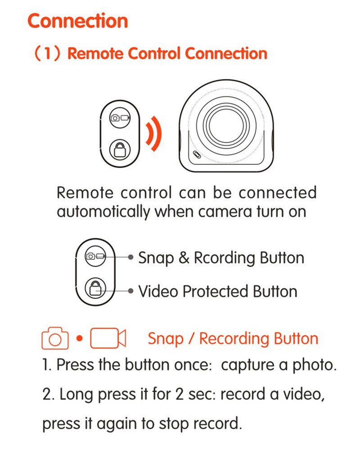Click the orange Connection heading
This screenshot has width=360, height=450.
[x=78, y=21]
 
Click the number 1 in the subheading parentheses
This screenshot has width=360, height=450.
[x=47, y=54]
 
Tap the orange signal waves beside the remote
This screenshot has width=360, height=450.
[x=154, y=133]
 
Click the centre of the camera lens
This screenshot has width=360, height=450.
[x=226, y=125]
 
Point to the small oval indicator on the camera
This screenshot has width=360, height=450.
[x=197, y=154]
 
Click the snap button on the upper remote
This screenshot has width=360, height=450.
[x=120, y=118]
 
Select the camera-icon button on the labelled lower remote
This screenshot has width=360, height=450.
[x=95, y=256]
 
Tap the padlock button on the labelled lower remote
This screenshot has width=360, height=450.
[x=95, y=288]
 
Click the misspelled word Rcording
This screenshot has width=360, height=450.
[x=225, y=258]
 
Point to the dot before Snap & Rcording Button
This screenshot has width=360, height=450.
[x=130, y=257]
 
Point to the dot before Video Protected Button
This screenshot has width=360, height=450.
[x=130, y=291]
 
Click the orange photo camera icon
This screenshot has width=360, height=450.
[x=55, y=338]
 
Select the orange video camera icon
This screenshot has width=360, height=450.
[x=108, y=338]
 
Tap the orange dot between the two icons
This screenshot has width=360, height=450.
[x=80, y=338]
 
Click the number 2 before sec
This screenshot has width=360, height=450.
[x=180, y=394]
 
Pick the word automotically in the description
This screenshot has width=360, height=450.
[x=103, y=212]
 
